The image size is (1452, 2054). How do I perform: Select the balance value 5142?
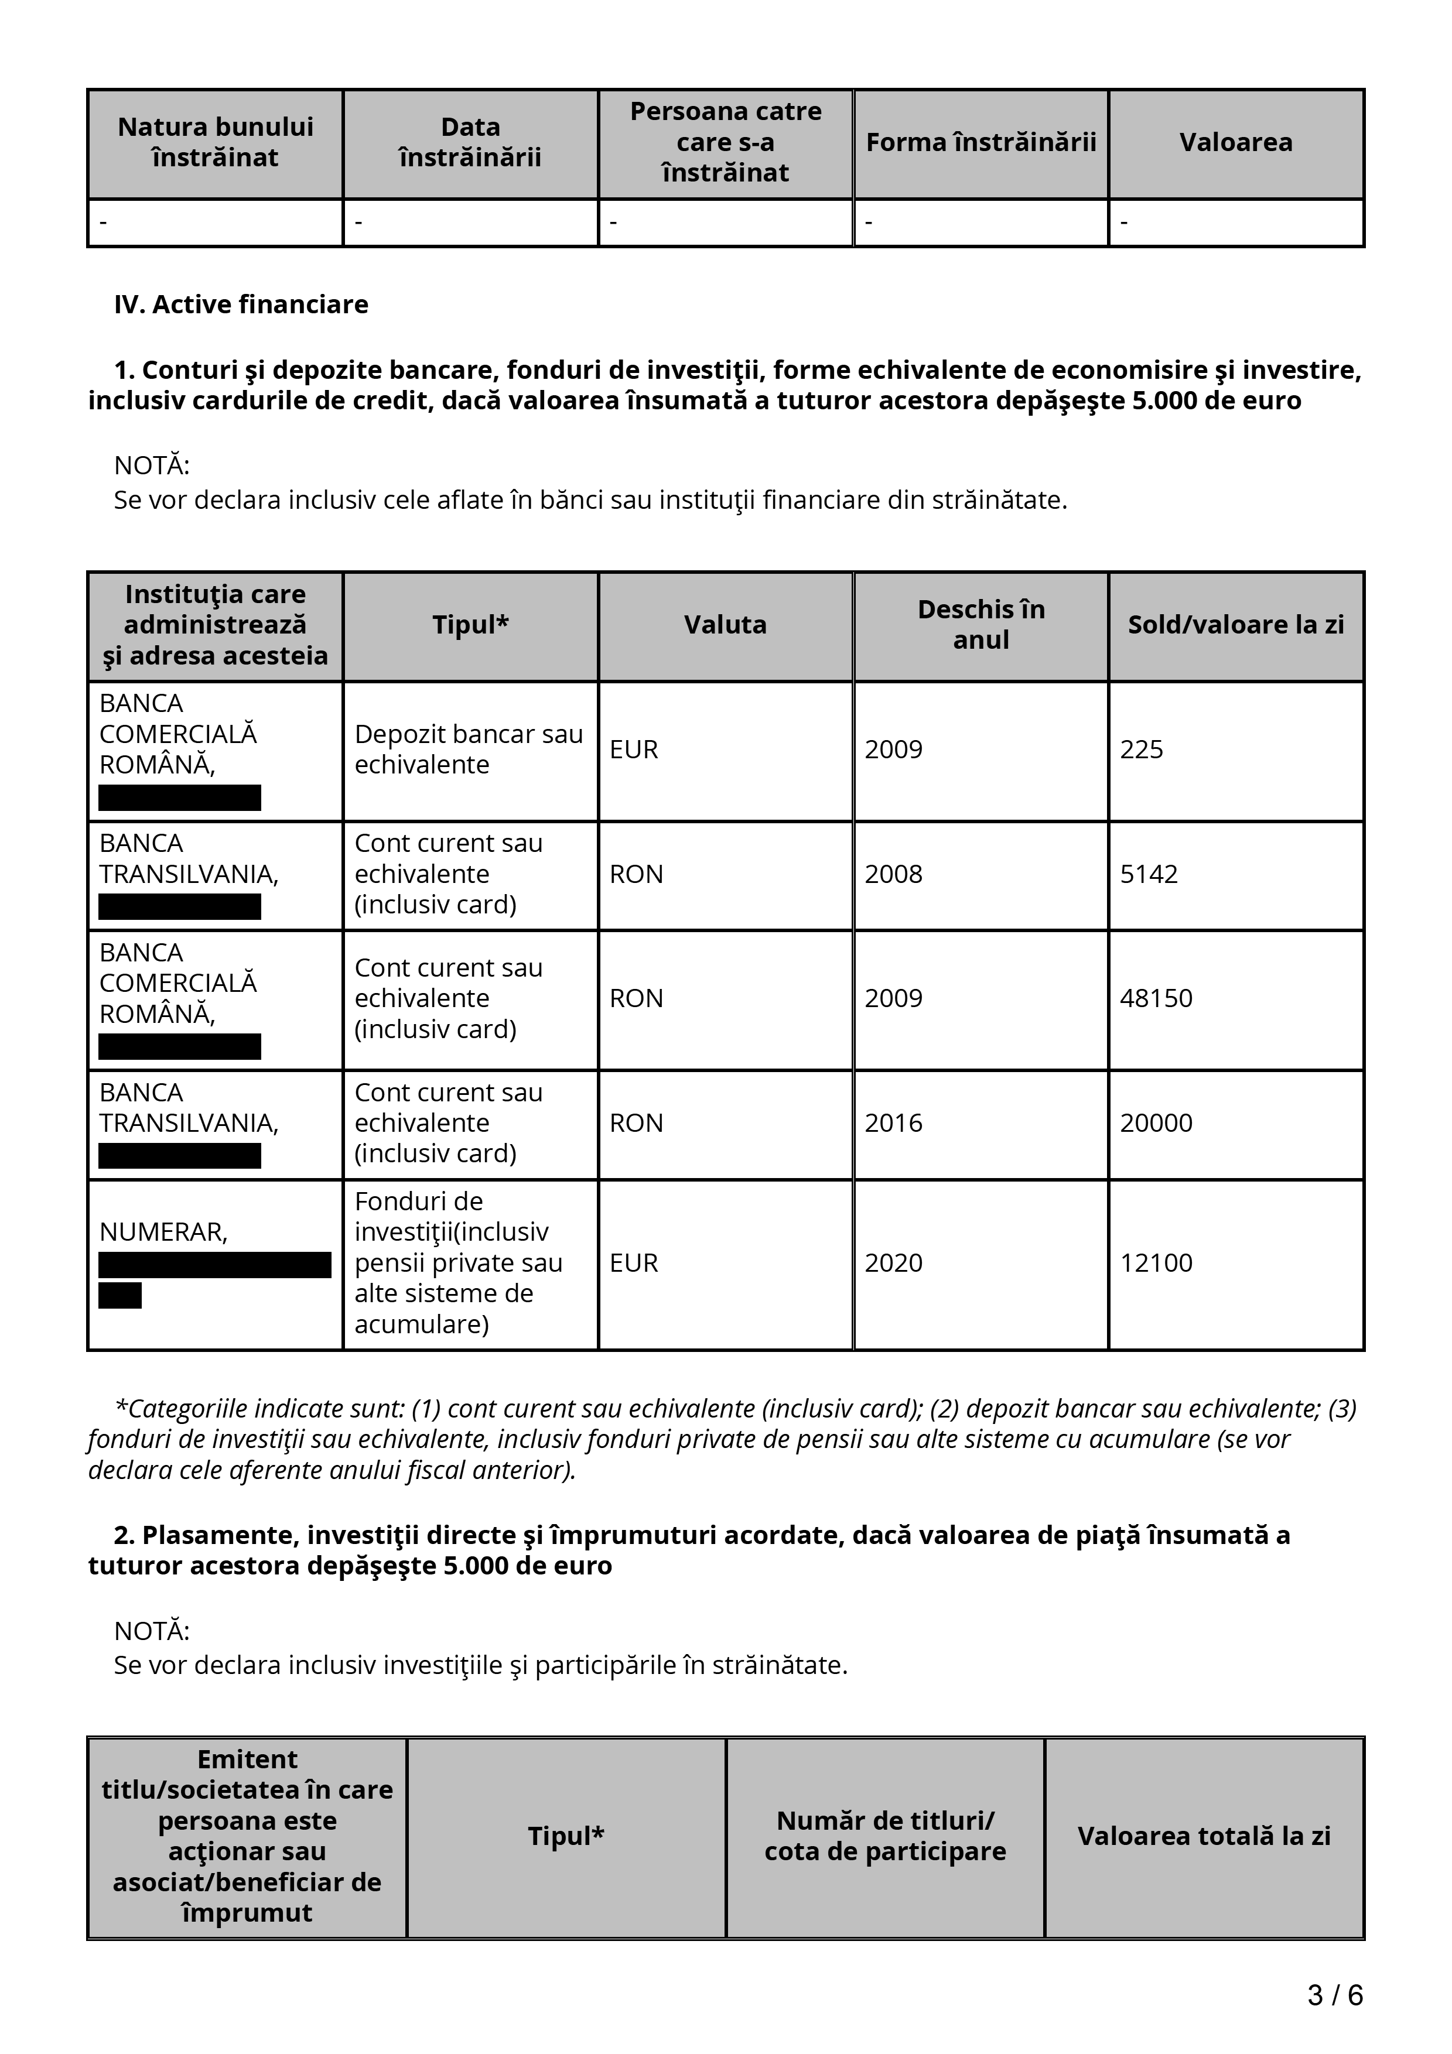[x=1148, y=874]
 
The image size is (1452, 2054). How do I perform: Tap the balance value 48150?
[x=1155, y=998]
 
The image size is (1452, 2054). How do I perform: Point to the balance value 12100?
[x=1155, y=1263]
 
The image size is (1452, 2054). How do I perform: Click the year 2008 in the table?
[x=893, y=874]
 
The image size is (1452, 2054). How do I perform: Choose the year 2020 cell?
[x=893, y=1263]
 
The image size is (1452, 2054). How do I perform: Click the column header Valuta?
[x=725, y=624]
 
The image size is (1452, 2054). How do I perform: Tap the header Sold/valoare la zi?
[x=1235, y=624]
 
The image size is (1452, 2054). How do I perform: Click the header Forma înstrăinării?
[x=980, y=142]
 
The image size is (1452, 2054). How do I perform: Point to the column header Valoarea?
[x=1235, y=142]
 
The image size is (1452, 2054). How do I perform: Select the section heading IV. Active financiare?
[x=241, y=304]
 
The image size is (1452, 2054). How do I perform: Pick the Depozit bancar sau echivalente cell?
[x=468, y=749]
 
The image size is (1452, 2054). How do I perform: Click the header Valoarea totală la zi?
[x=1203, y=1836]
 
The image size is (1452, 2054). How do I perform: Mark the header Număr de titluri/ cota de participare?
[x=885, y=1836]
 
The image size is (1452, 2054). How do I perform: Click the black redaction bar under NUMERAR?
[x=215, y=1265]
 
